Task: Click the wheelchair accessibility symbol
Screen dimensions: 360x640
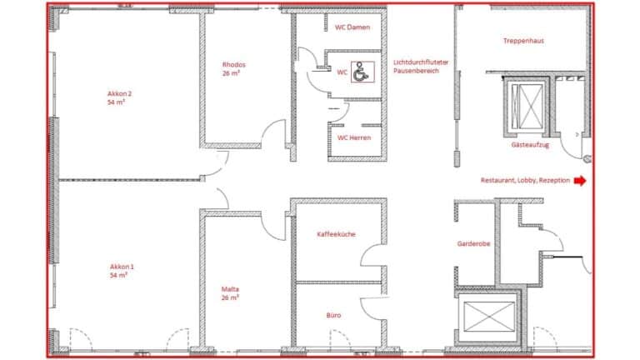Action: [361, 73]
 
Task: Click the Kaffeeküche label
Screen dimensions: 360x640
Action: [337, 234]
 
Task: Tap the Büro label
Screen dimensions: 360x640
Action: [334, 316]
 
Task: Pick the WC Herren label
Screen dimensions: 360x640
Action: [353, 137]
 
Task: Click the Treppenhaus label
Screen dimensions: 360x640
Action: [524, 41]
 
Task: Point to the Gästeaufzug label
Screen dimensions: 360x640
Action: [529, 144]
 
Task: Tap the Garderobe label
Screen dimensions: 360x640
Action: [473, 244]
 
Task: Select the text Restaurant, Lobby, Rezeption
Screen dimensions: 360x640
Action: [525, 180]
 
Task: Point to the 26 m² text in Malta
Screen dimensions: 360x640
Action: [231, 297]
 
